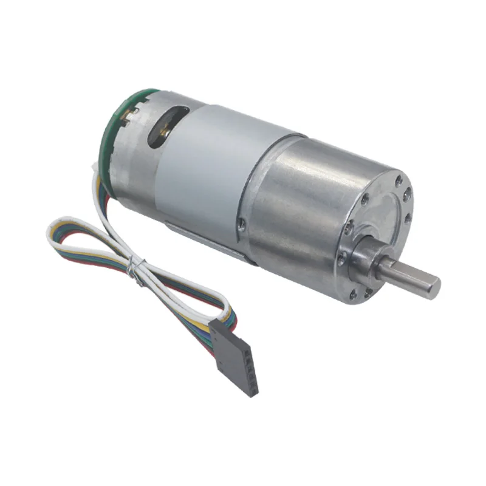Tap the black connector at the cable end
237,355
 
